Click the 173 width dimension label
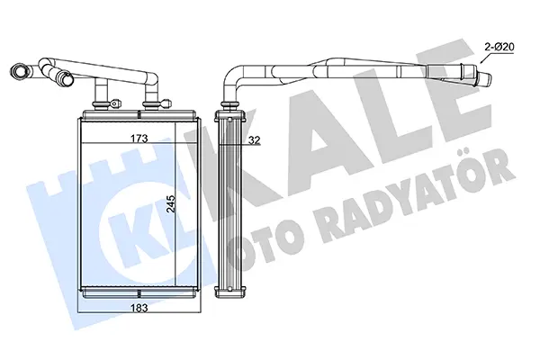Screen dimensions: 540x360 click(139, 139)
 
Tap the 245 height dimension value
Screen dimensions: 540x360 click(170, 204)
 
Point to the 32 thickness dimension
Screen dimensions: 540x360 click(255, 140)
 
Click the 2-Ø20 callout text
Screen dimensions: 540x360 click(499, 47)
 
